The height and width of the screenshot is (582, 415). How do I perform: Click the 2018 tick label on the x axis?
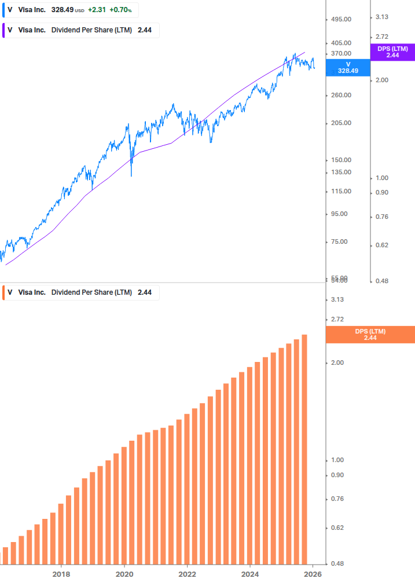[x=61, y=574]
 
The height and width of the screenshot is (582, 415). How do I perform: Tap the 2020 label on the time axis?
[x=124, y=574]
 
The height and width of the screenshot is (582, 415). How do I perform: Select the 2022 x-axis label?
[x=187, y=574]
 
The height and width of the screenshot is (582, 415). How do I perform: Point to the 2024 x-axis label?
[x=250, y=574]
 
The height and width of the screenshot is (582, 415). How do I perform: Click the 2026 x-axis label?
[x=313, y=574]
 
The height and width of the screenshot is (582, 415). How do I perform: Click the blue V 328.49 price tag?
[x=348, y=67]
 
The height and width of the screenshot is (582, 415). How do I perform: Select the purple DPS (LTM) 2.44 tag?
[x=392, y=52]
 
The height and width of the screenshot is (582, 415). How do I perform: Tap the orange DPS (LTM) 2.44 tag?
[x=370, y=334]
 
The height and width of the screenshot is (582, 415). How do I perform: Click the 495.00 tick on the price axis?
[x=341, y=19]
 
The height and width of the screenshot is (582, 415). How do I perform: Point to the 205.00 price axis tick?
[x=341, y=123]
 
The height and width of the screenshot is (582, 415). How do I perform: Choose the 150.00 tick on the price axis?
[x=341, y=160]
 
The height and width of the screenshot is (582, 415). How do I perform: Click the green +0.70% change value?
[x=122, y=10]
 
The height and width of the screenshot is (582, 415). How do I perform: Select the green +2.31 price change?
[x=96, y=10]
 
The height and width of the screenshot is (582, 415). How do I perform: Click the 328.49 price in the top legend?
[x=62, y=10]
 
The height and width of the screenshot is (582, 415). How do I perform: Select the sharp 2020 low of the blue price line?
[x=131, y=175]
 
